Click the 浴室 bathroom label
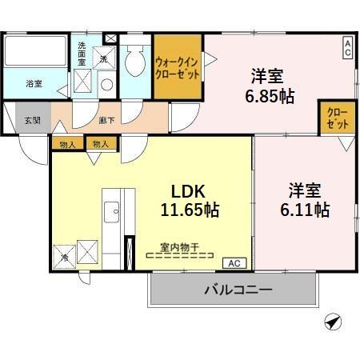pos(34,83)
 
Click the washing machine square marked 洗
pos(106,59)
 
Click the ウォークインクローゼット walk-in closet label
pos(177,67)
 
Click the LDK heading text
pos(189,192)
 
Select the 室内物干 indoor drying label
pos(180,248)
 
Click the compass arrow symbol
pos(331,321)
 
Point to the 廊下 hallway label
pos(106,120)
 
